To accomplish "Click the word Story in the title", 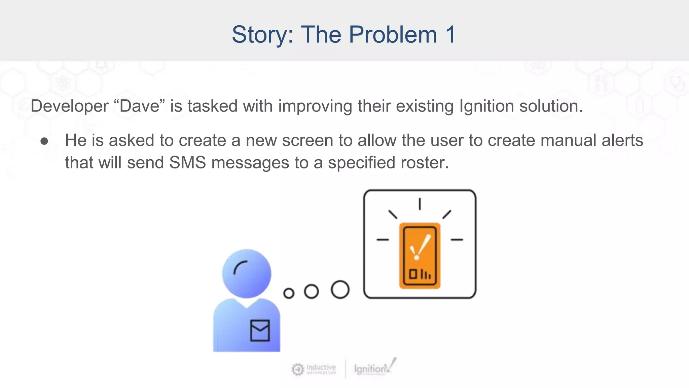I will [262, 35].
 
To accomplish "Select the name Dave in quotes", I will [139, 106].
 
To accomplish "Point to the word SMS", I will [187, 163].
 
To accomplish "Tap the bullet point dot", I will [44, 141].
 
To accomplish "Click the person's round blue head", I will [247, 273].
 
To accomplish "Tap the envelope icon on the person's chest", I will [260, 330].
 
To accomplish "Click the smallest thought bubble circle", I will [289, 293].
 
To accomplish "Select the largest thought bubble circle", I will [340, 290].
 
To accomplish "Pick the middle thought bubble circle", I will [311, 291].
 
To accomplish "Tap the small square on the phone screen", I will [412, 274].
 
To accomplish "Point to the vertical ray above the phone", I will [420, 204].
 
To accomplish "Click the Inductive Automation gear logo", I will [298, 369].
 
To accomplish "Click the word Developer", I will [69, 106].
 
